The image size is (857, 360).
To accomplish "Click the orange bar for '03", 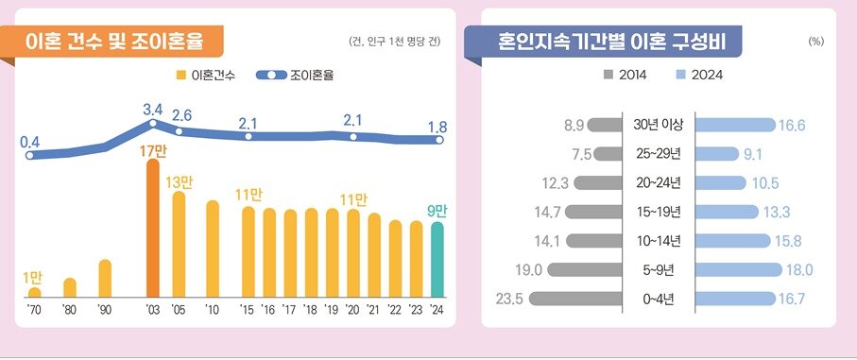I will [x=153, y=227].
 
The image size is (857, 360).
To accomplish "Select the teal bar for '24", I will [x=437, y=258].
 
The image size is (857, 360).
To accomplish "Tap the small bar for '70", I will [x=34, y=292].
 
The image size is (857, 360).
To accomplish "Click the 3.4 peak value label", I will [x=153, y=110].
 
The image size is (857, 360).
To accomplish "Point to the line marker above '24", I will [x=437, y=140].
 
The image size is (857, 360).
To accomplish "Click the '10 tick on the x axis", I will [x=213, y=309].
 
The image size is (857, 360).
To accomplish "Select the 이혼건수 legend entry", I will [x=207, y=74].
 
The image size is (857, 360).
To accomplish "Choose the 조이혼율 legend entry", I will [x=294, y=74].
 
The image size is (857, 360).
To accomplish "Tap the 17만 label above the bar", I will [x=153, y=149].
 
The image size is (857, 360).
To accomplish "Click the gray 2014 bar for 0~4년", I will [x=577, y=299].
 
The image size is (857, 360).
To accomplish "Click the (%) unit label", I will [x=816, y=43].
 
